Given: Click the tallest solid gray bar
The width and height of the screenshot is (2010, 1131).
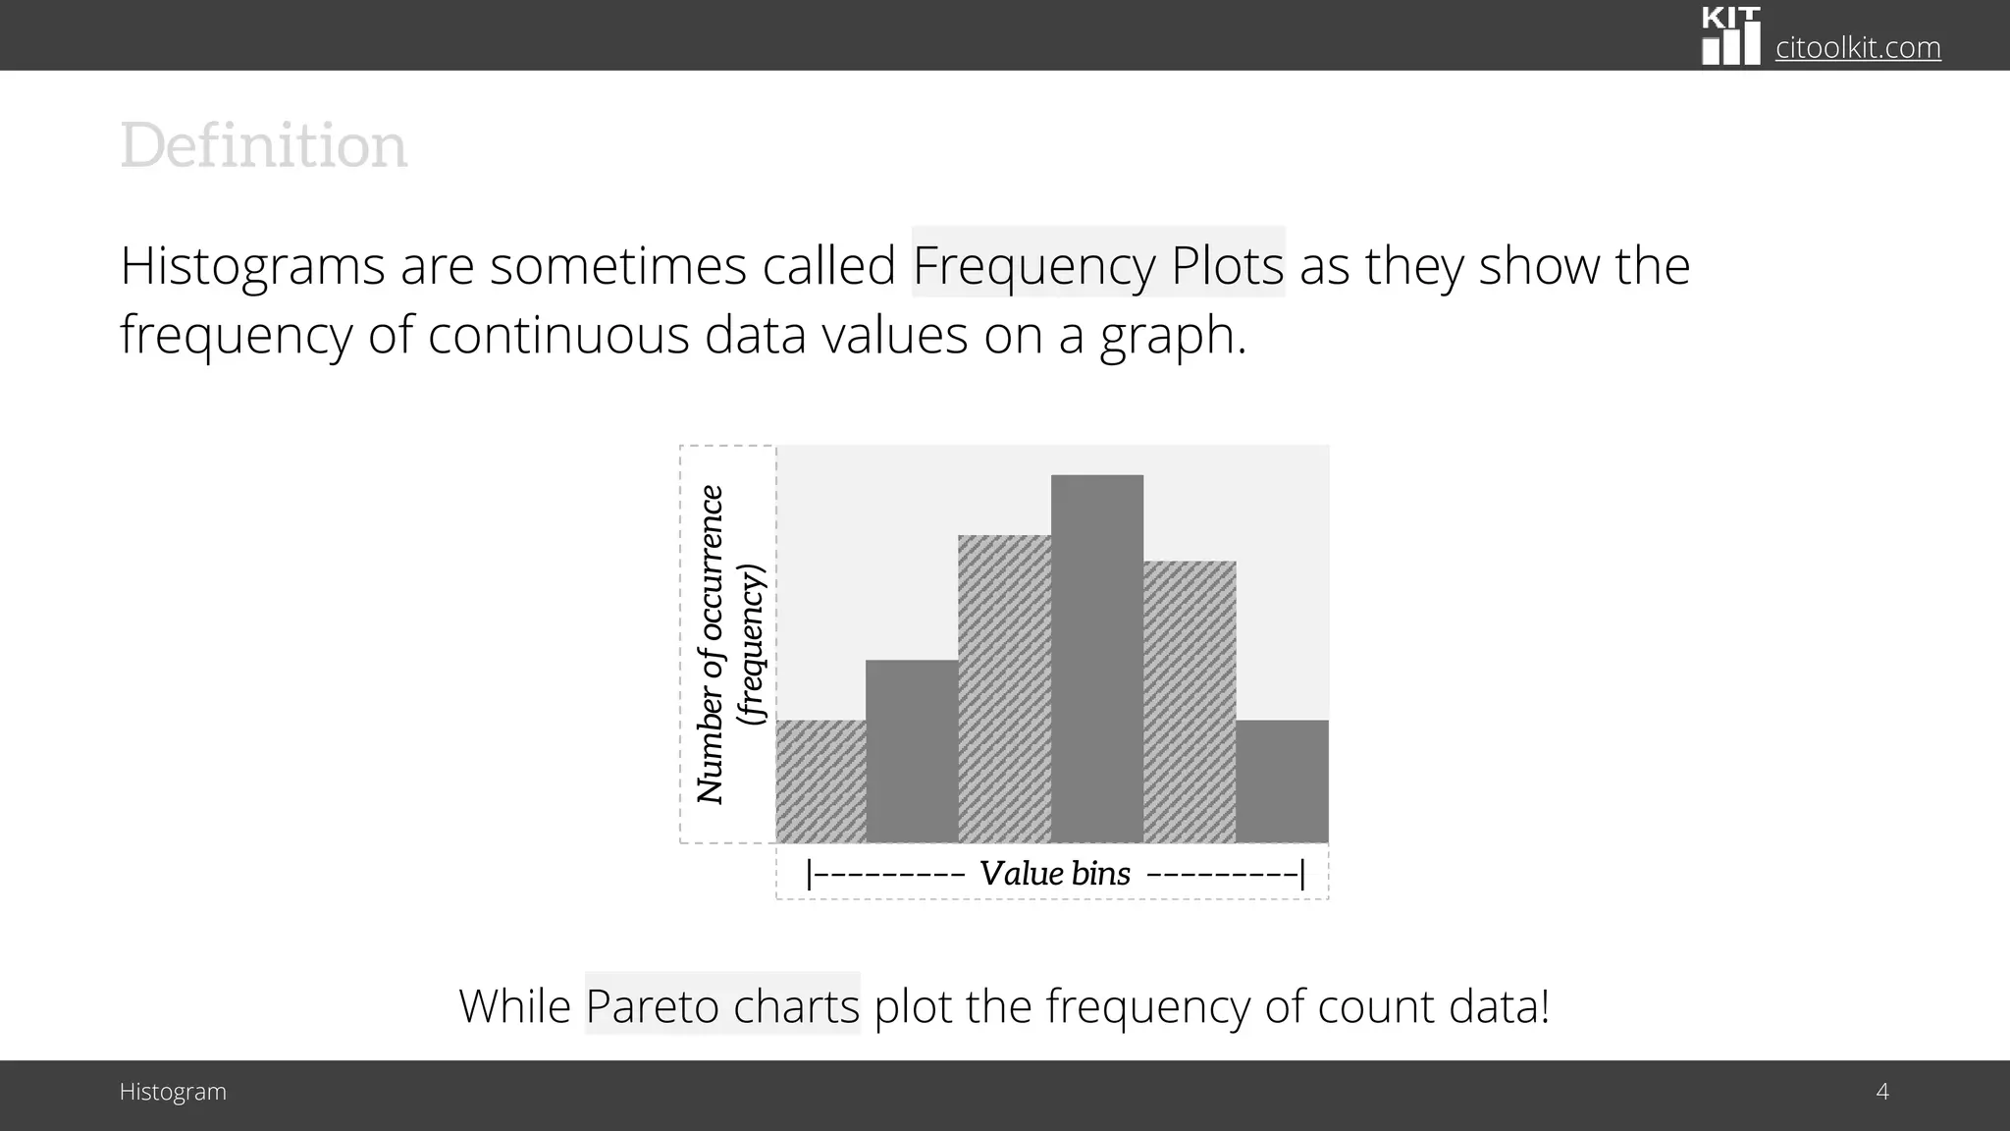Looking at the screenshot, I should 1096,658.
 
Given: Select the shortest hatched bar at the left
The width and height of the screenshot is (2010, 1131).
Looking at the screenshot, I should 820,781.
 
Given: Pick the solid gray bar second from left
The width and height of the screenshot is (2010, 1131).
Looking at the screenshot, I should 912,751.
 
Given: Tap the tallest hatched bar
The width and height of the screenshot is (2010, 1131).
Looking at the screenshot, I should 1004,688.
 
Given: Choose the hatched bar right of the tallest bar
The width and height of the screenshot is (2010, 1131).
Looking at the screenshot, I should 1190,701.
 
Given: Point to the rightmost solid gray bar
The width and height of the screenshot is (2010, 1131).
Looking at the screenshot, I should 1282,781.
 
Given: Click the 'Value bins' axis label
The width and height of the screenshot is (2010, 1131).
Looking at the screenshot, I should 1055,873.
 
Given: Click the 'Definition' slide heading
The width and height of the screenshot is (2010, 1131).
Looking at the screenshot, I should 263,145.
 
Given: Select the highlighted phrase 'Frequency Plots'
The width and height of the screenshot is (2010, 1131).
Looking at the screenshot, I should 1097,265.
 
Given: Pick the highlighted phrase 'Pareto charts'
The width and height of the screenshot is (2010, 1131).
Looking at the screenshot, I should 722,1005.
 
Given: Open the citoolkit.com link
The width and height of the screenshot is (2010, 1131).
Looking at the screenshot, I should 1857,47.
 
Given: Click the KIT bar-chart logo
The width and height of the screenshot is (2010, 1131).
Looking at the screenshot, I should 1730,37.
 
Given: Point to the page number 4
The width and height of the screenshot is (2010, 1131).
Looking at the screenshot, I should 1881,1091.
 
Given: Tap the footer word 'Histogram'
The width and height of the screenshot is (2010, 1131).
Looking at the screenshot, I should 173,1092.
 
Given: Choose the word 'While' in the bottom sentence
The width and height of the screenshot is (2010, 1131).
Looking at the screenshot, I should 514,1005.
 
